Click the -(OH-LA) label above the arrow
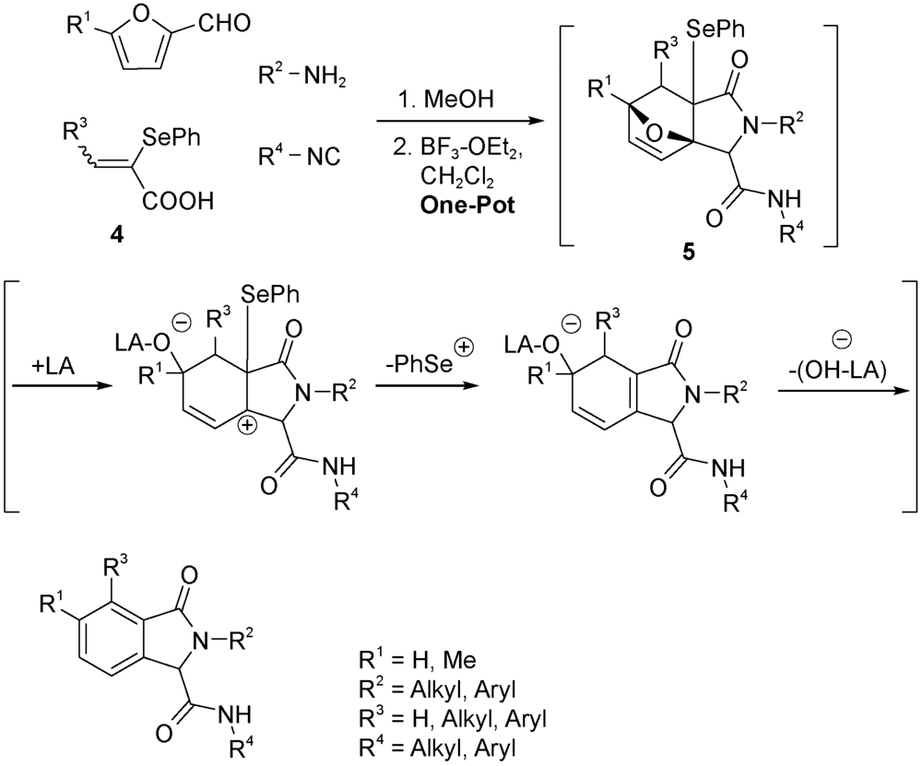pos(833,371)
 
